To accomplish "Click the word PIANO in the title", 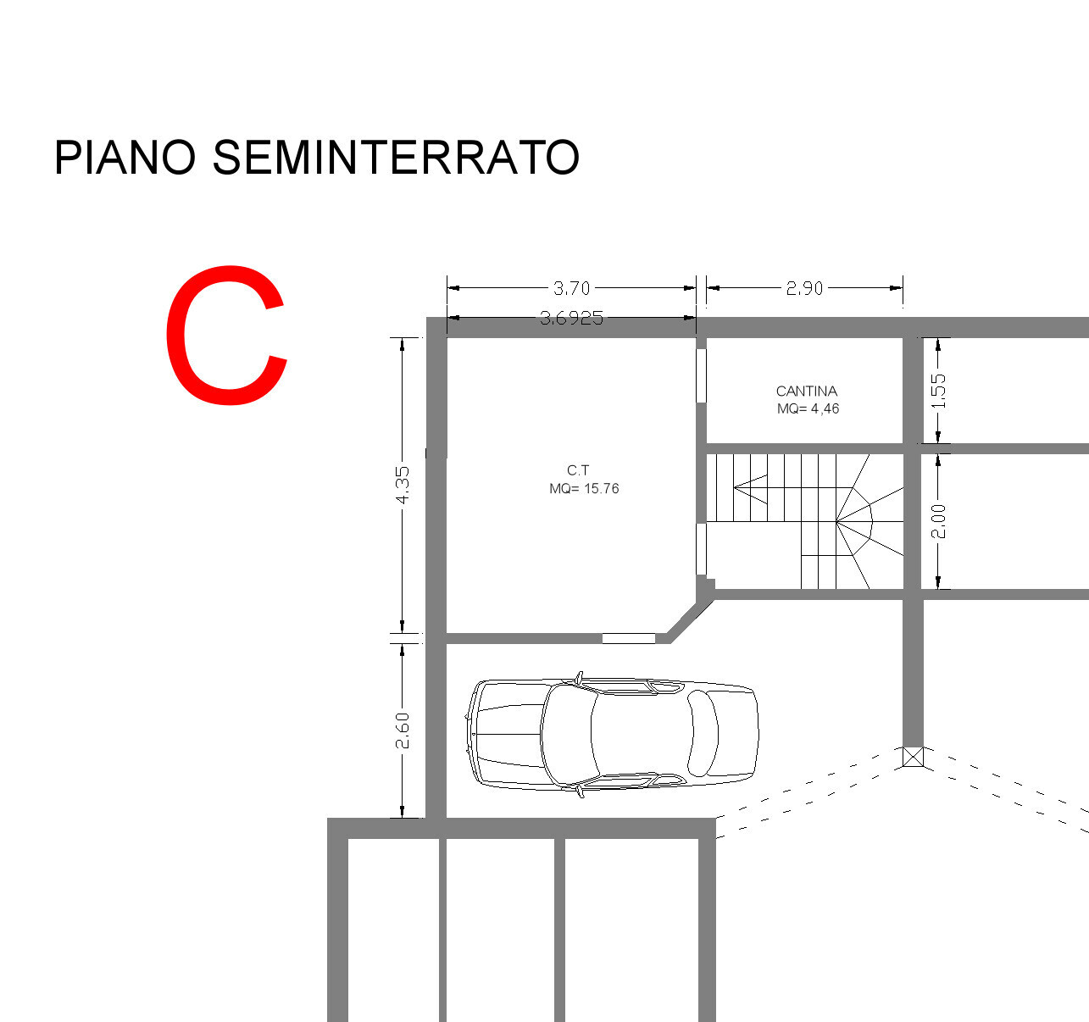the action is click(125, 158).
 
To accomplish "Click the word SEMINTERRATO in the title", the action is click(396, 158).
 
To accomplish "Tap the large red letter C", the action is click(227, 335).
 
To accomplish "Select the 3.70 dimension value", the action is click(571, 288).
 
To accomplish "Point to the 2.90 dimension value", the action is click(804, 288).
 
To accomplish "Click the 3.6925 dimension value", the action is click(571, 318).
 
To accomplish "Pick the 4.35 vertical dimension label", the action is click(403, 485).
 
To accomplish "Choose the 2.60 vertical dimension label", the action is click(403, 730).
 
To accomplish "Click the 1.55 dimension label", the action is click(939, 392).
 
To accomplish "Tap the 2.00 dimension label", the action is click(939, 522).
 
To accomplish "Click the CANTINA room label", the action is click(807, 392).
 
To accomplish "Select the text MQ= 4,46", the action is click(808, 408).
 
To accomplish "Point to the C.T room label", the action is click(578, 470).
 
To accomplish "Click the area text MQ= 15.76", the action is click(584, 488).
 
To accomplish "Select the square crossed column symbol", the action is click(913, 757).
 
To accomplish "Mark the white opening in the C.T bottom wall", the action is click(628, 638).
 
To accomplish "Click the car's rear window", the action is click(703, 733).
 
